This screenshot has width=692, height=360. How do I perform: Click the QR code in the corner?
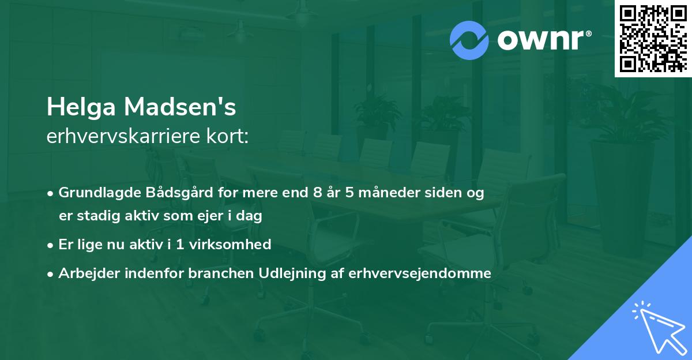coord(653,38)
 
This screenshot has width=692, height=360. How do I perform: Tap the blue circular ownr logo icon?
coord(468,40)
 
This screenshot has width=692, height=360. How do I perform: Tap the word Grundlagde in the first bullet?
coord(95,193)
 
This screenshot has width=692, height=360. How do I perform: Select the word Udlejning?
coord(279,273)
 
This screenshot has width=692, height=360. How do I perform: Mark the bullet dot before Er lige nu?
coord(51,245)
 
